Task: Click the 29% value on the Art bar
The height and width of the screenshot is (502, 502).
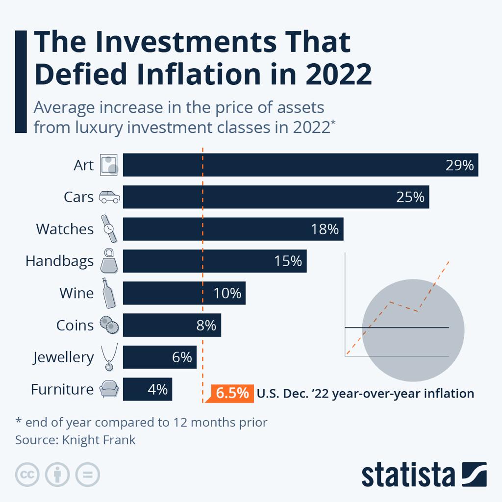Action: point(459,165)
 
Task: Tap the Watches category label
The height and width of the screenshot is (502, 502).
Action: point(65,229)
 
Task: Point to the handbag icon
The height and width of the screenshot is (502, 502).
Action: point(109,261)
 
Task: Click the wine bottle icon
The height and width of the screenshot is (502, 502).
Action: point(108,293)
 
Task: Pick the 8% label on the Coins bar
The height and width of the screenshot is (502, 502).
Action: point(206,326)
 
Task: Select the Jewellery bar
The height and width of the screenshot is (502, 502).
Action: point(159,357)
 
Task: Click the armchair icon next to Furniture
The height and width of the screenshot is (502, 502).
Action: point(108,390)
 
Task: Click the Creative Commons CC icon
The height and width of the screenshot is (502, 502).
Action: point(27,475)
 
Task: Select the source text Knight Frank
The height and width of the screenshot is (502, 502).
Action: point(99,440)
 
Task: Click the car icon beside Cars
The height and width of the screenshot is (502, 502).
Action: point(109,197)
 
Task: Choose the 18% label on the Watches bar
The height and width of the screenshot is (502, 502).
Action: point(325,229)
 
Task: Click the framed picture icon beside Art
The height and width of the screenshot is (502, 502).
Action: point(109,165)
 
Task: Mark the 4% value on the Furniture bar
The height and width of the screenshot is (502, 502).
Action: point(157,390)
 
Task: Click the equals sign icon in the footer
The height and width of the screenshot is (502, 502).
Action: point(87,475)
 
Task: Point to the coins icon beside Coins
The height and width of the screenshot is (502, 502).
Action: point(109,325)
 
